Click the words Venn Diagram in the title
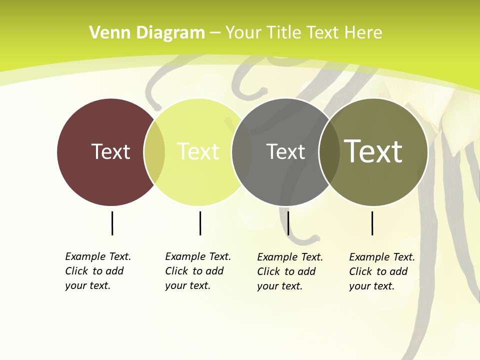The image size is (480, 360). click(x=147, y=33)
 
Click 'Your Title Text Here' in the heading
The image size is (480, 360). click(x=303, y=33)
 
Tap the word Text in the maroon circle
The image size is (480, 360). click(x=110, y=151)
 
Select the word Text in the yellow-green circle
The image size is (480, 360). click(x=198, y=151)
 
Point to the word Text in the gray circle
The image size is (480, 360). click(x=285, y=151)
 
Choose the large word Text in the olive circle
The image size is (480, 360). click(x=373, y=151)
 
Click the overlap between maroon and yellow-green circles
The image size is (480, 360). click(x=154, y=152)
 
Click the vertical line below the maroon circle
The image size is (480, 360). click(x=112, y=223)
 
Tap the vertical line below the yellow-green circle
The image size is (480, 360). click(x=200, y=223)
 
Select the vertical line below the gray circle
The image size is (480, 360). click(x=288, y=223)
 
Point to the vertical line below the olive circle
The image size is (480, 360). click(x=372, y=223)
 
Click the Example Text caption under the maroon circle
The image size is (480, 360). click(x=98, y=271)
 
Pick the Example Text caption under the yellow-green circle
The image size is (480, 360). click(x=198, y=271)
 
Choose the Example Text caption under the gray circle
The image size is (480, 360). click(x=290, y=271)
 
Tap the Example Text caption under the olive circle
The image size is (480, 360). click(x=382, y=271)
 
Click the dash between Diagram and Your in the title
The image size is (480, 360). click(x=215, y=33)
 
